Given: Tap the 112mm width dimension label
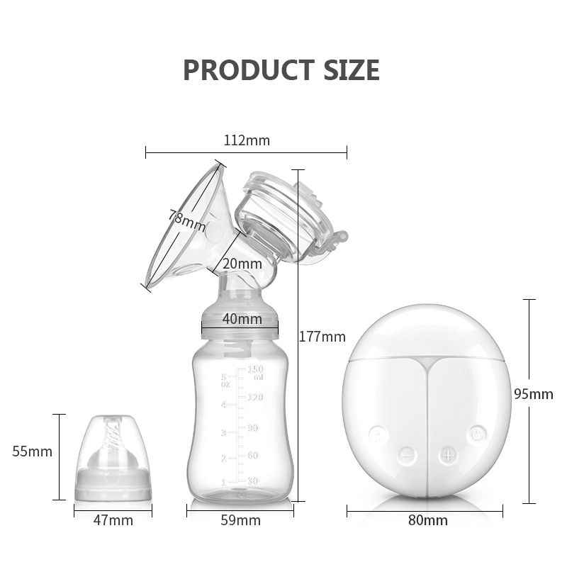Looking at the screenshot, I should pos(247,140).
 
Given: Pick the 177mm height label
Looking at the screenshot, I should pos(322,337).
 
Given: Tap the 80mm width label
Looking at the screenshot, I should pos(428,521).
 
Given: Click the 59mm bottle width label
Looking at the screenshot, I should pos(240,521).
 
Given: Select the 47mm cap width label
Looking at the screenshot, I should pos(113,521).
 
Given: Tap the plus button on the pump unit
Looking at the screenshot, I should pos(447,455).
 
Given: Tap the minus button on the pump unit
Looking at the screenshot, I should pos(405,455).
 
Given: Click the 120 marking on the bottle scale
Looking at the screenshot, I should pos(254,398).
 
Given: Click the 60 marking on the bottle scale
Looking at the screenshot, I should pos(253,454).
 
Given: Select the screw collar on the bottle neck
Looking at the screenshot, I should pos(240,319).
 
